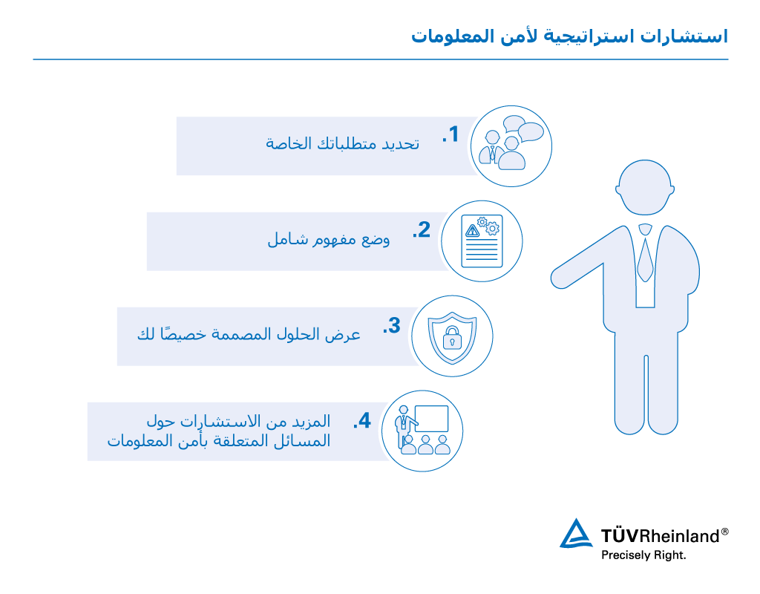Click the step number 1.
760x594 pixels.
tap(451, 134)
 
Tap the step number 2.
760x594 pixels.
tap(422, 229)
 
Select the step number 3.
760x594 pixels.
tap(392, 325)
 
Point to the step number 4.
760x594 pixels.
tap(362, 420)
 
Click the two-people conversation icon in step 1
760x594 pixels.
tap(511, 143)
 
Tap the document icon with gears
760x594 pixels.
tap(482, 241)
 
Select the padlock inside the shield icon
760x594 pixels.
tap(452, 338)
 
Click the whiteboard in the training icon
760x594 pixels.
tap(431, 418)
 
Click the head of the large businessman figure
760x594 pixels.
tap(645, 187)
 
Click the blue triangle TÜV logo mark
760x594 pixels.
tap(576, 533)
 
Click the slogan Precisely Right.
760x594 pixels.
tap(643, 555)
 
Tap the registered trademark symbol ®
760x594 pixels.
tap(724, 532)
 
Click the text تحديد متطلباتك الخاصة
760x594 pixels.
tap(342, 143)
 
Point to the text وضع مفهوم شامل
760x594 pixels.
tap(329, 239)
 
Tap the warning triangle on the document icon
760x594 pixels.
tap(472, 231)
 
